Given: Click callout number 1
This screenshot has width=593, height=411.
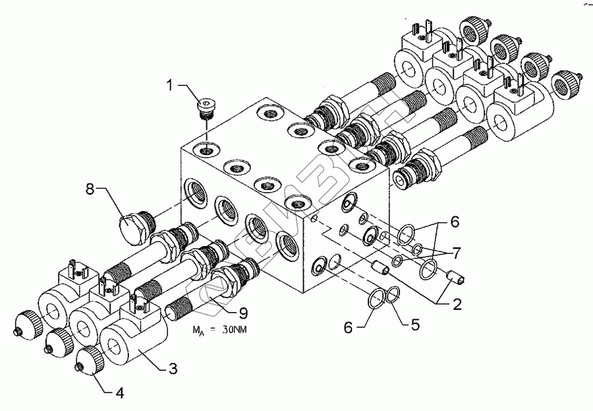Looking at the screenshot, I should tap(171, 86).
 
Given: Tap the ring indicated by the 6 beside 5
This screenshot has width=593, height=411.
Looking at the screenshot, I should tap(374, 298).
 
